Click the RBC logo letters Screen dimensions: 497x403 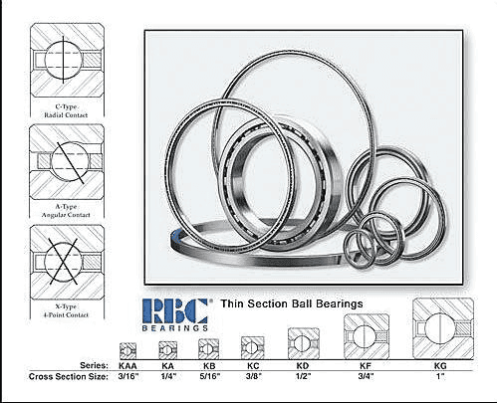pyautogui.click(x=175, y=310)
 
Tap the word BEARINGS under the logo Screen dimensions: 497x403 pyautogui.click(x=175, y=328)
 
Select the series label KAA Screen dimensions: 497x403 pyautogui.click(x=127, y=366)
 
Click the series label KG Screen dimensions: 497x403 pyautogui.click(x=440, y=366)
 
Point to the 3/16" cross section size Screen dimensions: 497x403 pyautogui.click(x=128, y=376)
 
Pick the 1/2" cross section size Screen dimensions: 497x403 pyautogui.click(x=303, y=376)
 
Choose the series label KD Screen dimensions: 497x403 pyautogui.click(x=303, y=366)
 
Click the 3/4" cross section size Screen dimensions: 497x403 pyautogui.click(x=366, y=376)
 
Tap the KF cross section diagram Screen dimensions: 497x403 pyautogui.click(x=367, y=336)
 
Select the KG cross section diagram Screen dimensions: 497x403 pyautogui.click(x=443, y=328)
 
